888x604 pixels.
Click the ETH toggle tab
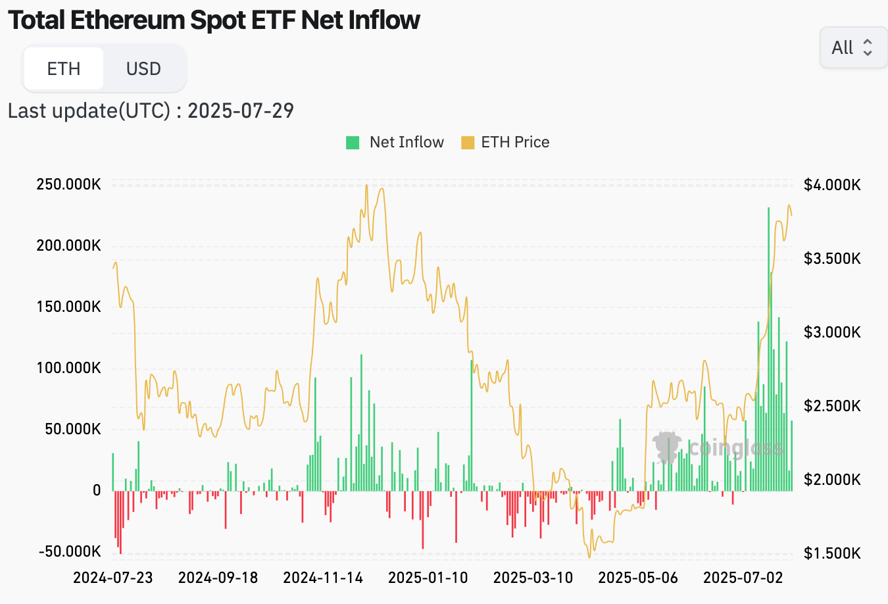(64, 68)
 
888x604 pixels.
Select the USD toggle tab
(143, 68)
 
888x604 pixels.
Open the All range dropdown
(852, 47)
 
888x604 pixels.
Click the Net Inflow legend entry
(395, 142)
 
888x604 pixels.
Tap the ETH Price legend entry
(506, 142)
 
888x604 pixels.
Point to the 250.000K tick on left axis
(69, 184)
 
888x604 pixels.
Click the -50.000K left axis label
(70, 551)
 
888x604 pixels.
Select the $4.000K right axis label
(832, 185)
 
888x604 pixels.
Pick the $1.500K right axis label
(832, 553)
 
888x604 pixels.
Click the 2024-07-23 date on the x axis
(112, 578)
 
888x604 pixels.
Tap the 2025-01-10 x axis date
(428, 578)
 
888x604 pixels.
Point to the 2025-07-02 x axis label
(743, 578)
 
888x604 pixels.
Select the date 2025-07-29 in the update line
(241, 111)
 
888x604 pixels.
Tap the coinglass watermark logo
(667, 447)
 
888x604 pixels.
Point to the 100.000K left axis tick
(69, 368)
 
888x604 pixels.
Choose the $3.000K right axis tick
(832, 332)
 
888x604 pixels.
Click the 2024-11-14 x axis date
(323, 578)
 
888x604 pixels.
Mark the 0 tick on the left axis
(97, 490)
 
